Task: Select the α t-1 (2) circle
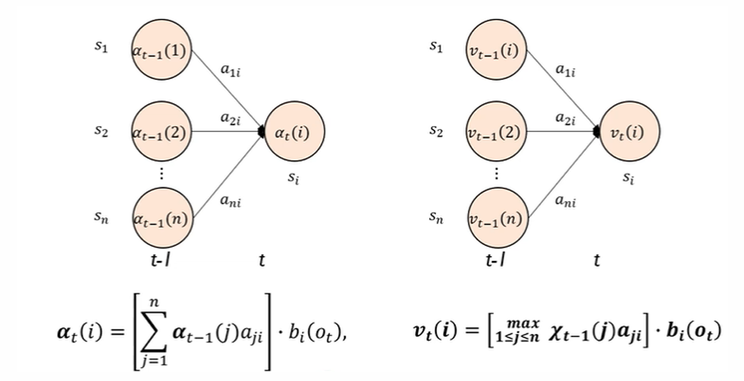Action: point(162,132)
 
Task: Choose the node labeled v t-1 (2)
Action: point(497,132)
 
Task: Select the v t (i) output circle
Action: point(629,132)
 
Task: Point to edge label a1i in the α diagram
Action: point(229,71)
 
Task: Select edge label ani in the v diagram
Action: point(564,201)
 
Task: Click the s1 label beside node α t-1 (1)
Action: point(101,47)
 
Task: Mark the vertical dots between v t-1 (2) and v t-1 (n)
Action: point(497,174)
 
